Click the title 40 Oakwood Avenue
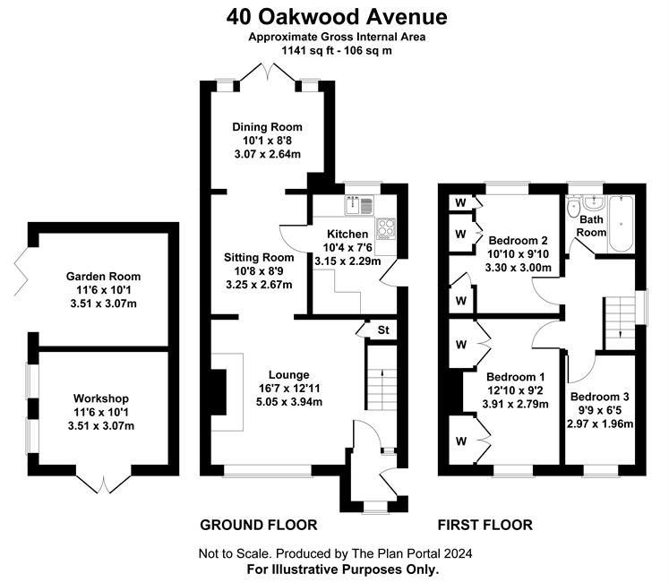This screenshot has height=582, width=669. click(x=337, y=18)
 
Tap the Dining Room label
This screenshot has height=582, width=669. click(x=267, y=127)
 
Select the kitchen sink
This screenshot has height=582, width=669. click(x=359, y=205)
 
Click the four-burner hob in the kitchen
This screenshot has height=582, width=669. click(x=386, y=228)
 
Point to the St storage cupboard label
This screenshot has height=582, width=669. click(x=383, y=330)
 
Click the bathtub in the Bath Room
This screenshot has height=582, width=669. click(x=621, y=224)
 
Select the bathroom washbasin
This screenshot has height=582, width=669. click(x=594, y=203)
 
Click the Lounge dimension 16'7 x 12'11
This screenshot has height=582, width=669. click(x=289, y=389)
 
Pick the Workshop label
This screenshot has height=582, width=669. click(x=101, y=398)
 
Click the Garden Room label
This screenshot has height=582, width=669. click(x=103, y=277)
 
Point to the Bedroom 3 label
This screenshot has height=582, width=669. click(x=599, y=397)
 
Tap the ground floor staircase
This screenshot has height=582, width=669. click(x=382, y=378)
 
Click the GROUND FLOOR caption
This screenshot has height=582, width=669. click(x=259, y=525)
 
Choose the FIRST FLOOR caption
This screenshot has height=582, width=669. click(x=485, y=525)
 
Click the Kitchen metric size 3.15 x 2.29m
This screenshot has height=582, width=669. click(x=347, y=261)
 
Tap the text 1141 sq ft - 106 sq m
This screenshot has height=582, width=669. click(x=337, y=51)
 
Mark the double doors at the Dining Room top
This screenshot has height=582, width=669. click(x=267, y=72)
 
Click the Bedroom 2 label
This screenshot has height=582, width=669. click(x=518, y=240)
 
